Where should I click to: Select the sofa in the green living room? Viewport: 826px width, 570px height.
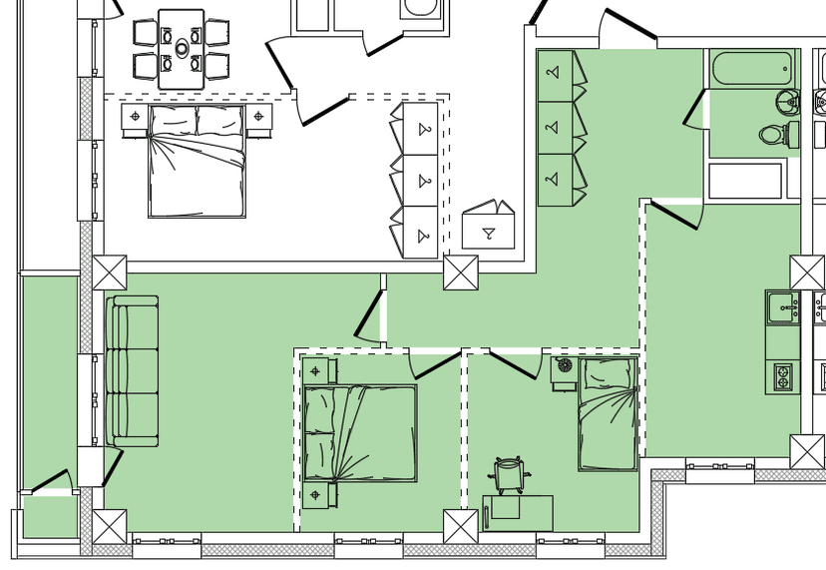coord(134,371)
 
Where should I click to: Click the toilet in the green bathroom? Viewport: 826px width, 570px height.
coord(772,134)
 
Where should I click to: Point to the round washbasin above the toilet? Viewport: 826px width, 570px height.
coord(788,100)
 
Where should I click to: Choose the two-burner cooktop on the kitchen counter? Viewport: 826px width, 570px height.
coord(783,376)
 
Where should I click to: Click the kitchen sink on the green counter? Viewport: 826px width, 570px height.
coord(781,306)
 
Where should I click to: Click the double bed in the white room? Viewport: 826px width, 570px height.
coord(197,161)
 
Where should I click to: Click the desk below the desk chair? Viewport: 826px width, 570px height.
coord(518,512)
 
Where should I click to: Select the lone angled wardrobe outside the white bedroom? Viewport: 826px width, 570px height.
coord(489,227)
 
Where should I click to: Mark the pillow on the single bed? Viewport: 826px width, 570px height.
coord(608,373)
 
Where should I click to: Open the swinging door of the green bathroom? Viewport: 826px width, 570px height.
coord(694,110)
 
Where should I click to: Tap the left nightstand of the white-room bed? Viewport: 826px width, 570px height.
coord(135,118)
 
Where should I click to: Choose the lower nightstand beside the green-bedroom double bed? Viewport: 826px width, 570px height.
coord(317,495)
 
